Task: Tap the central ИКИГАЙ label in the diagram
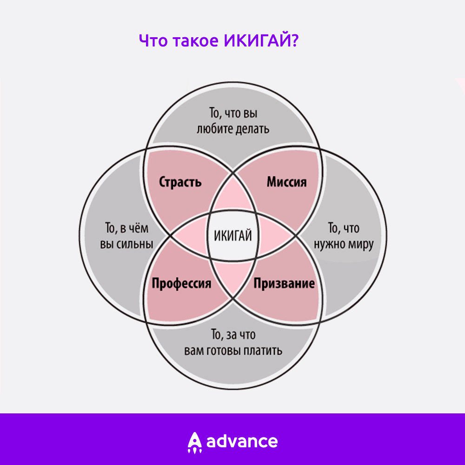pos(233,236)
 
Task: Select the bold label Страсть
pos(180,182)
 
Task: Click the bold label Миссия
pos(287,182)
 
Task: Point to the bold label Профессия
pos(181,284)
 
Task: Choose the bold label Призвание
pos(284,284)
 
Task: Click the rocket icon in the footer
pos(194,443)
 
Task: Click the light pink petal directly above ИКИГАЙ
pos(233,195)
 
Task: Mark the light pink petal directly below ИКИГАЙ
pos(233,277)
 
